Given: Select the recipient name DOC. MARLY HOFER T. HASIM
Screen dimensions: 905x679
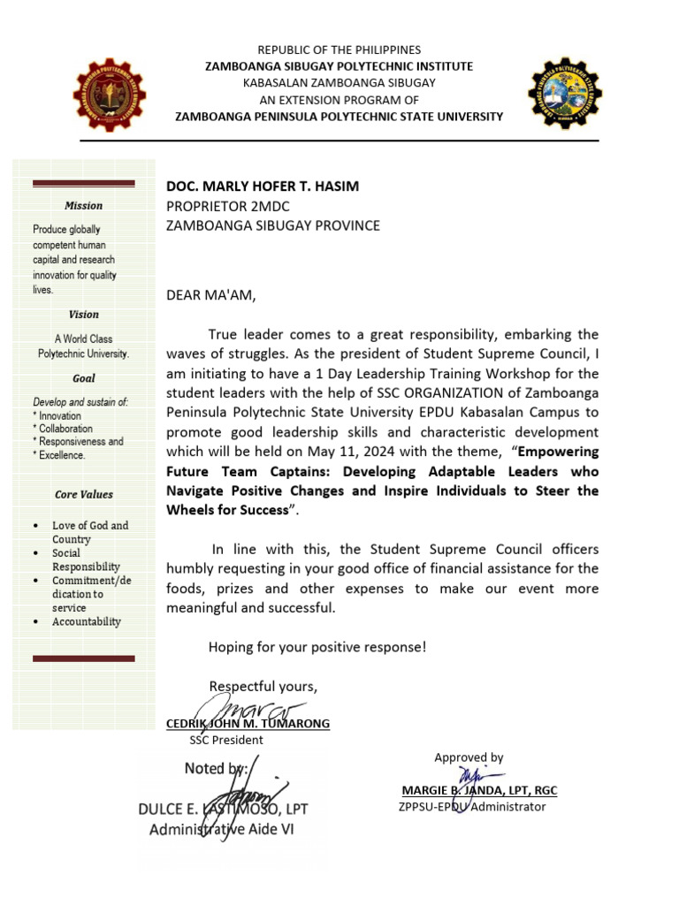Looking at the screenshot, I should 263,186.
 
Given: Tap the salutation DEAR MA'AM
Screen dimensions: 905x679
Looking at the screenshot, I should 210,296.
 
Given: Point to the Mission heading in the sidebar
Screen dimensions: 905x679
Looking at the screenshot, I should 84,206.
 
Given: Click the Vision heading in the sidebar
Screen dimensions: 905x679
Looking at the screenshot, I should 84,315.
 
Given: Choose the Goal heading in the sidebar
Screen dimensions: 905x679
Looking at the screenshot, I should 84,378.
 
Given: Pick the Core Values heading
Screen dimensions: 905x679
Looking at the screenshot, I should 84,495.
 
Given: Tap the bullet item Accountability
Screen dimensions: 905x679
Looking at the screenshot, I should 87,622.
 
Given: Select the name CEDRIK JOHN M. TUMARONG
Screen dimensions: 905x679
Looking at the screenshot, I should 248,724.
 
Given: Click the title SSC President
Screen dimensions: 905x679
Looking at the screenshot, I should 226,741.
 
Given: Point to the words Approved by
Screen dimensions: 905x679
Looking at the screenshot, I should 469,757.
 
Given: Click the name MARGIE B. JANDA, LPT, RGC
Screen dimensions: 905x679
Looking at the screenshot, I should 479,790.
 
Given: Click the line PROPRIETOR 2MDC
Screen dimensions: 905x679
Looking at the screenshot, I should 228,206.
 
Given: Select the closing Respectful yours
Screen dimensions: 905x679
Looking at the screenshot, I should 263,686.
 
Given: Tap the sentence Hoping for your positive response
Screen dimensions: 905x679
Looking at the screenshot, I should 317,647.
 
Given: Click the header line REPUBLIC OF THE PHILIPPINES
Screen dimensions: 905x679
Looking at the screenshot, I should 339,50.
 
